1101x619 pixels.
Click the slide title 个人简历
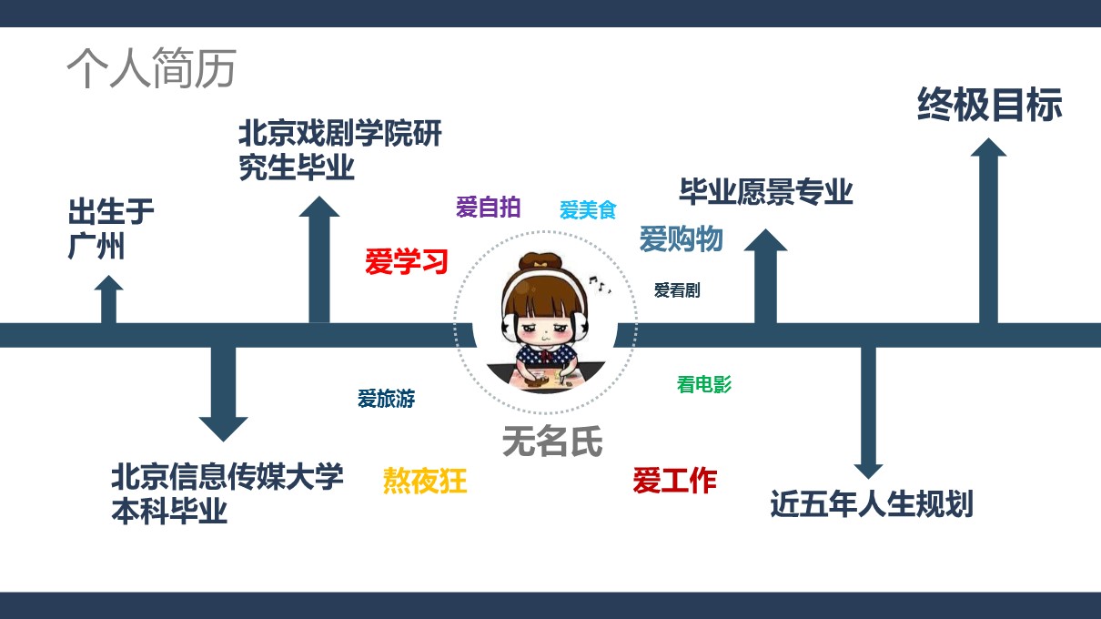point(151,68)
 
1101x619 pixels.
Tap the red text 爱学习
point(407,261)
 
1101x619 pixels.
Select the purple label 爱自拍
point(488,207)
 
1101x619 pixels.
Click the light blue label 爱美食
point(588,210)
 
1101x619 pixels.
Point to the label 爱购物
point(681,239)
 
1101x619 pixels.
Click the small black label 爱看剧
point(677,290)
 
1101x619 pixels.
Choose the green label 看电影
point(704,384)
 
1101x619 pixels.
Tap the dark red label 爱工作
point(674,481)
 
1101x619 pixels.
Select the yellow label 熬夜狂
point(425,481)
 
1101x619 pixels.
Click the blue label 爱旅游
point(387,399)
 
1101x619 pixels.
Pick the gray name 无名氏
point(552,441)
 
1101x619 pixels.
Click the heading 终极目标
point(989,105)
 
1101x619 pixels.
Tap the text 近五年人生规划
point(872,504)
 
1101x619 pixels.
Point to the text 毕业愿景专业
point(766,192)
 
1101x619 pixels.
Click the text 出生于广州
point(111,228)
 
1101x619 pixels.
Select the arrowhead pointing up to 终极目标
point(988,147)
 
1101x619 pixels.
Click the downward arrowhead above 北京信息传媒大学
point(223,430)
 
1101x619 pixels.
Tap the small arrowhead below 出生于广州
point(108,282)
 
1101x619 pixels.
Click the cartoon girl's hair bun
point(540,261)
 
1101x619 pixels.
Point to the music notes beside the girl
point(601,284)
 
